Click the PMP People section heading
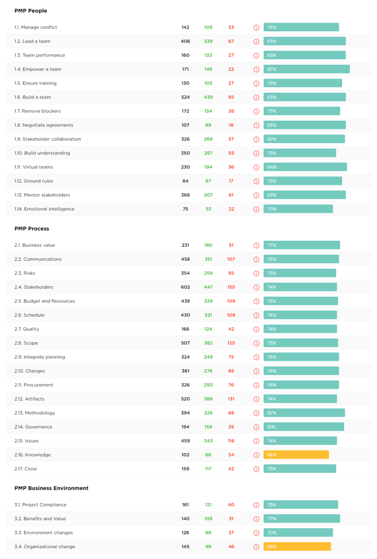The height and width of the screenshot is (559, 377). click(31, 11)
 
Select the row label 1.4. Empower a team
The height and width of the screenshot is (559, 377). click(38, 69)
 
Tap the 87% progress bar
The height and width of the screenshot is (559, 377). click(306, 69)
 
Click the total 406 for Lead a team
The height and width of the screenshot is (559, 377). click(185, 41)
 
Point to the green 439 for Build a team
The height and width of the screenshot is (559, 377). click(208, 97)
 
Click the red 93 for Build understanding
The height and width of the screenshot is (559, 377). click(231, 153)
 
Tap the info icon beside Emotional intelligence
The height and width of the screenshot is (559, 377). click(256, 209)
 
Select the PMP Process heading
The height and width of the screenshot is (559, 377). click(32, 229)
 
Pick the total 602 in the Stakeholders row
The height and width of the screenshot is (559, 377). click(185, 287)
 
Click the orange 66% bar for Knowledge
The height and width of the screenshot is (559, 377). click(296, 455)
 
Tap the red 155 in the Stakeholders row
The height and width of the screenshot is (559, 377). click(231, 287)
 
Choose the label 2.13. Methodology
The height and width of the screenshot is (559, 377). click(35, 413)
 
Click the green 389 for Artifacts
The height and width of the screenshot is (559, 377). click(208, 399)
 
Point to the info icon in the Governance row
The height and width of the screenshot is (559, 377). click(256, 427)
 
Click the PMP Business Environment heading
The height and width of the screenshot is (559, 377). click(52, 488)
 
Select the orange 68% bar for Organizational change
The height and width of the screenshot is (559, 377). click(297, 546)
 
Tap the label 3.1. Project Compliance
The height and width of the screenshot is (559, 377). click(40, 505)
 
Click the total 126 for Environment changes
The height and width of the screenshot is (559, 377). click(185, 533)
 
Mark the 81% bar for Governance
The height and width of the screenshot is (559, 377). click(303, 427)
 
